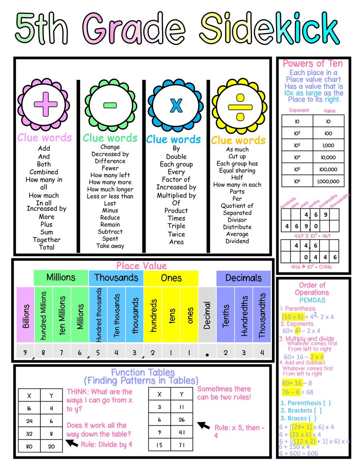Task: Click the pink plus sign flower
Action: (45, 103)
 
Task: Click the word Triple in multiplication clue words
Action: (176, 226)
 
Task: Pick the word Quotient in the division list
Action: (237, 206)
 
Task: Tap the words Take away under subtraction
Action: (110, 246)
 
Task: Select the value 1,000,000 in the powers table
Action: (328, 181)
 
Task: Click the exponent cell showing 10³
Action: (297, 145)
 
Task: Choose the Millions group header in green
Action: (61, 278)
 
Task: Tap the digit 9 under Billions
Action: (25, 352)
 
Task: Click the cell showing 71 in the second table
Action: (182, 444)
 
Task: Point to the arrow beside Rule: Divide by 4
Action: (72, 443)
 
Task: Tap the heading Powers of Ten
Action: (313, 63)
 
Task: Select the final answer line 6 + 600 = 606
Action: (299, 453)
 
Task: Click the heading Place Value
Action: (142, 266)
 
